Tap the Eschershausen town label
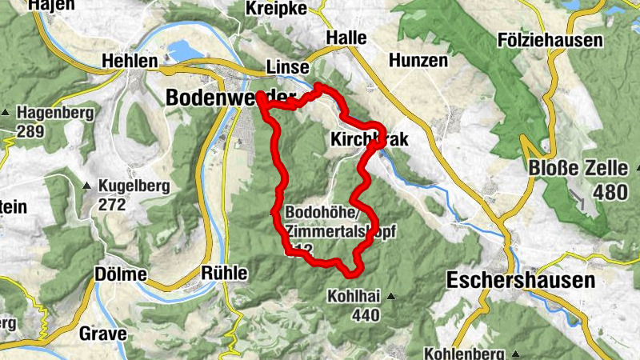[521, 281]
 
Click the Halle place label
[346, 38]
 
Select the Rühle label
[225, 273]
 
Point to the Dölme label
[120, 274]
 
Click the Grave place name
[102, 334]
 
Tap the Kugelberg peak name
[134, 186]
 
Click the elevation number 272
[113, 205]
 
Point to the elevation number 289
[31, 131]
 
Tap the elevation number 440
[365, 315]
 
